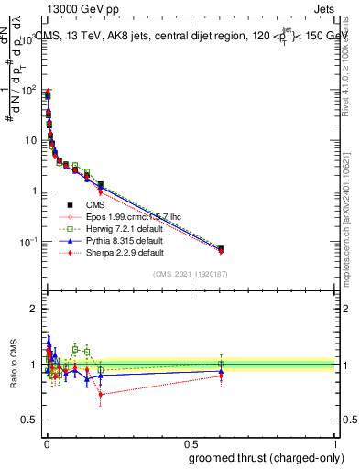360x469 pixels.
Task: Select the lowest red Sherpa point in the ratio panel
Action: coord(100,395)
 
